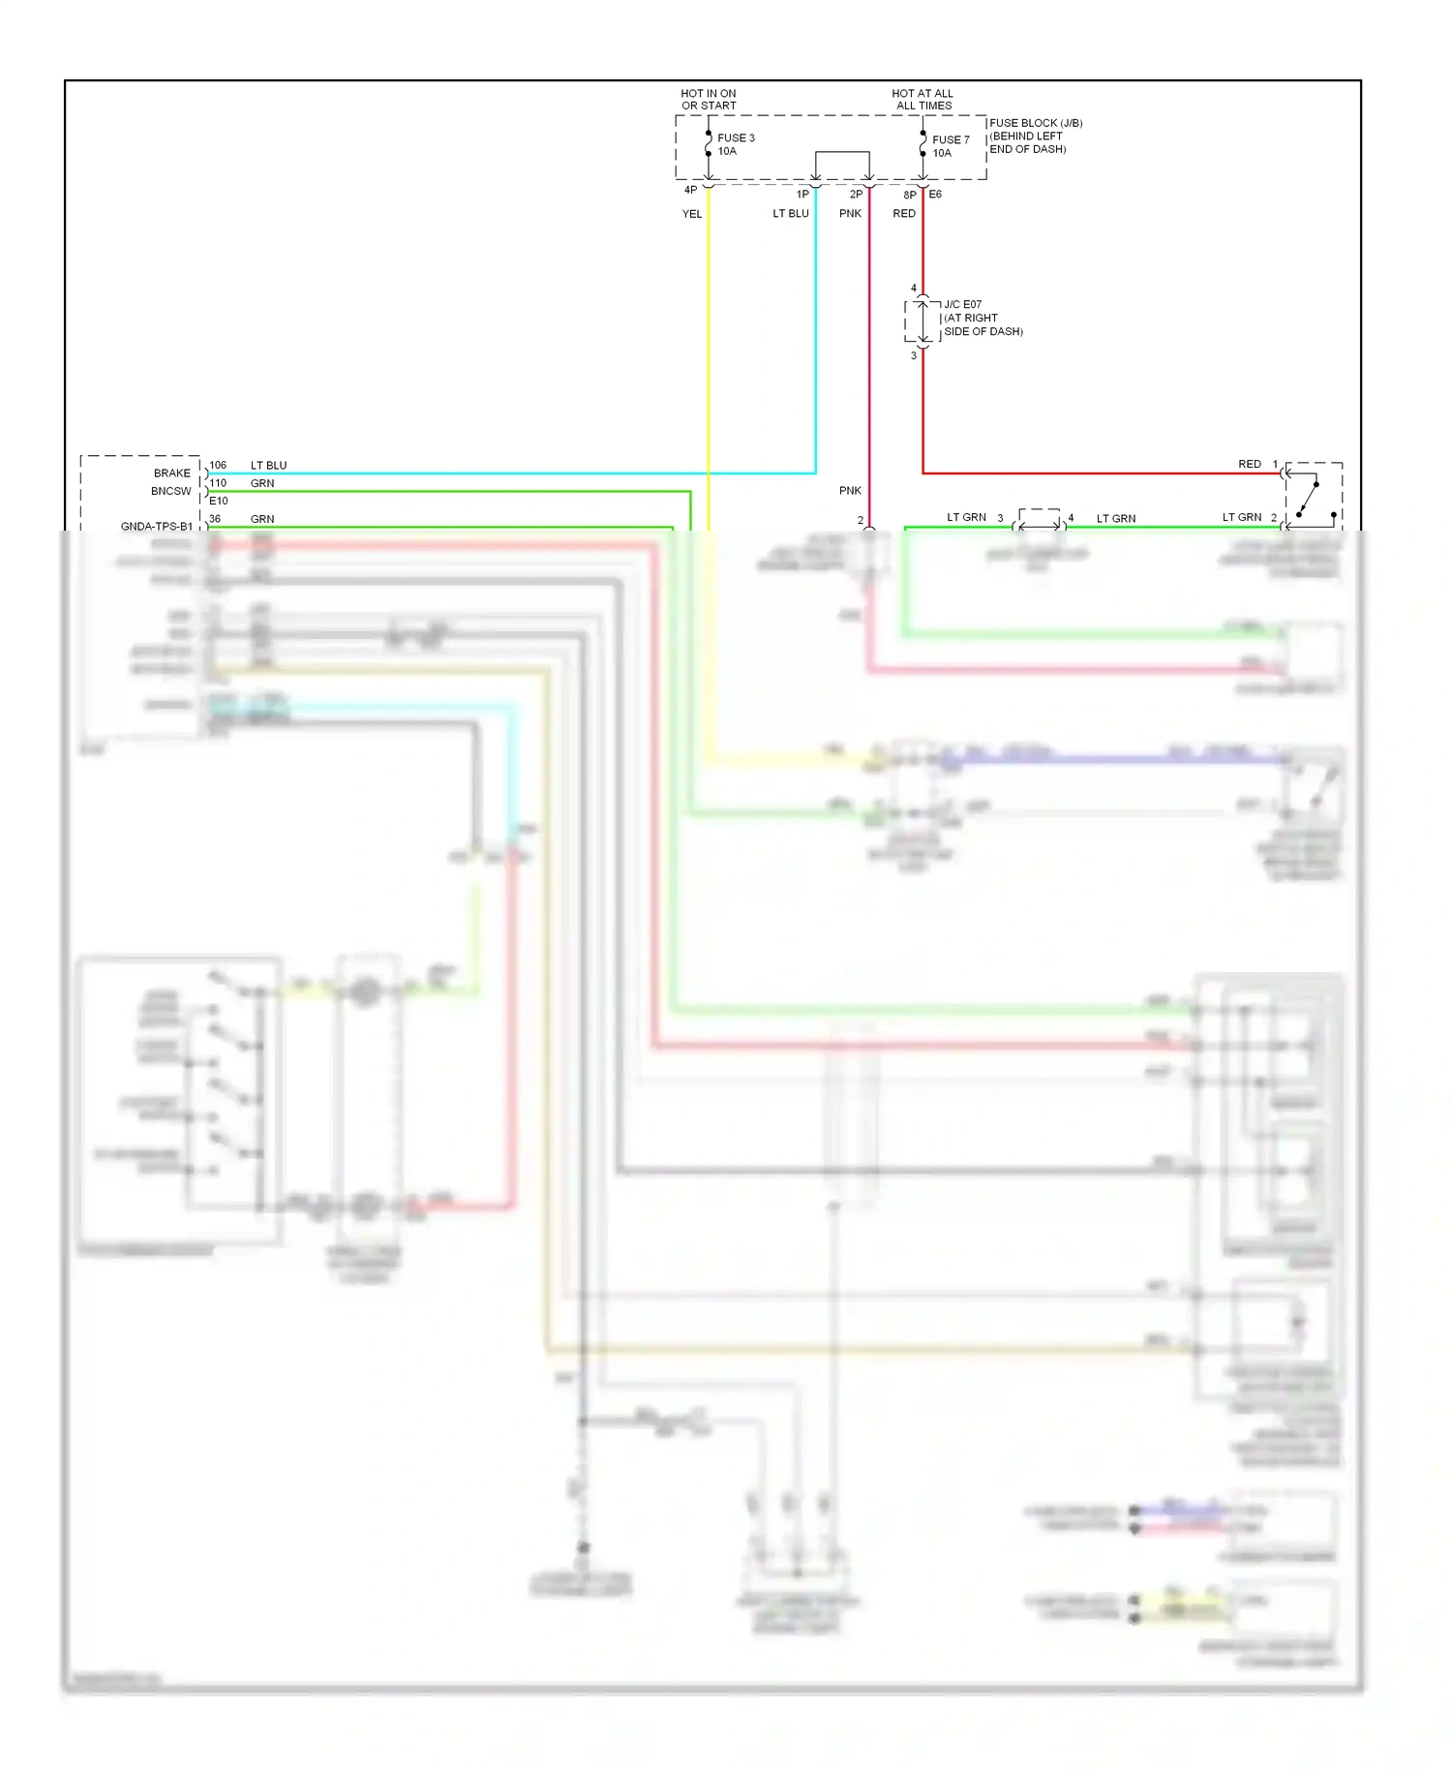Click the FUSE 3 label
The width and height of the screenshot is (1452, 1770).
tap(736, 137)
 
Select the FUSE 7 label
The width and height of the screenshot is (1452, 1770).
tap(950, 139)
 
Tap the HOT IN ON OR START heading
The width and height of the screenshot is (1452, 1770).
tap(709, 100)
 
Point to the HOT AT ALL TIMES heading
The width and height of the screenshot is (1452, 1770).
tap(923, 100)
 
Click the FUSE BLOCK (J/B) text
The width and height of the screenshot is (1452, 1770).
tap(1036, 123)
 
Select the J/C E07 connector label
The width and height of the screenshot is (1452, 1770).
tap(962, 304)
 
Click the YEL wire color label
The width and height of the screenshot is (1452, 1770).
tap(692, 214)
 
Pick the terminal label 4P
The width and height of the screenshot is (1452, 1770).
tap(690, 191)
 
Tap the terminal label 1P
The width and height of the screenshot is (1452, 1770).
tap(802, 195)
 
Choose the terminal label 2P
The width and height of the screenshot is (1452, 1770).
tap(856, 195)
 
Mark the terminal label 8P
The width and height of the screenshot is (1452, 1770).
tap(909, 196)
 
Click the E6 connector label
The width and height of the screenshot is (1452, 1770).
tap(935, 195)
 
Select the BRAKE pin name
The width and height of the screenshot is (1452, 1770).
tap(172, 473)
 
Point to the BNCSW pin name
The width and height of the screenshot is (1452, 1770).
tap(170, 491)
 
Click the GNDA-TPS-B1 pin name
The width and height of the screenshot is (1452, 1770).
tap(157, 527)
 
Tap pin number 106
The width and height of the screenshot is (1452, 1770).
tap(218, 466)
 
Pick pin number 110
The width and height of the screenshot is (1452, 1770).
tap(218, 483)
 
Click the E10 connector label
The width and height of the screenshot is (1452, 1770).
tap(218, 501)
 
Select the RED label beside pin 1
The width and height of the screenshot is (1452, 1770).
tap(1249, 465)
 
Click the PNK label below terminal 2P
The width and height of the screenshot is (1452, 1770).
tap(850, 214)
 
